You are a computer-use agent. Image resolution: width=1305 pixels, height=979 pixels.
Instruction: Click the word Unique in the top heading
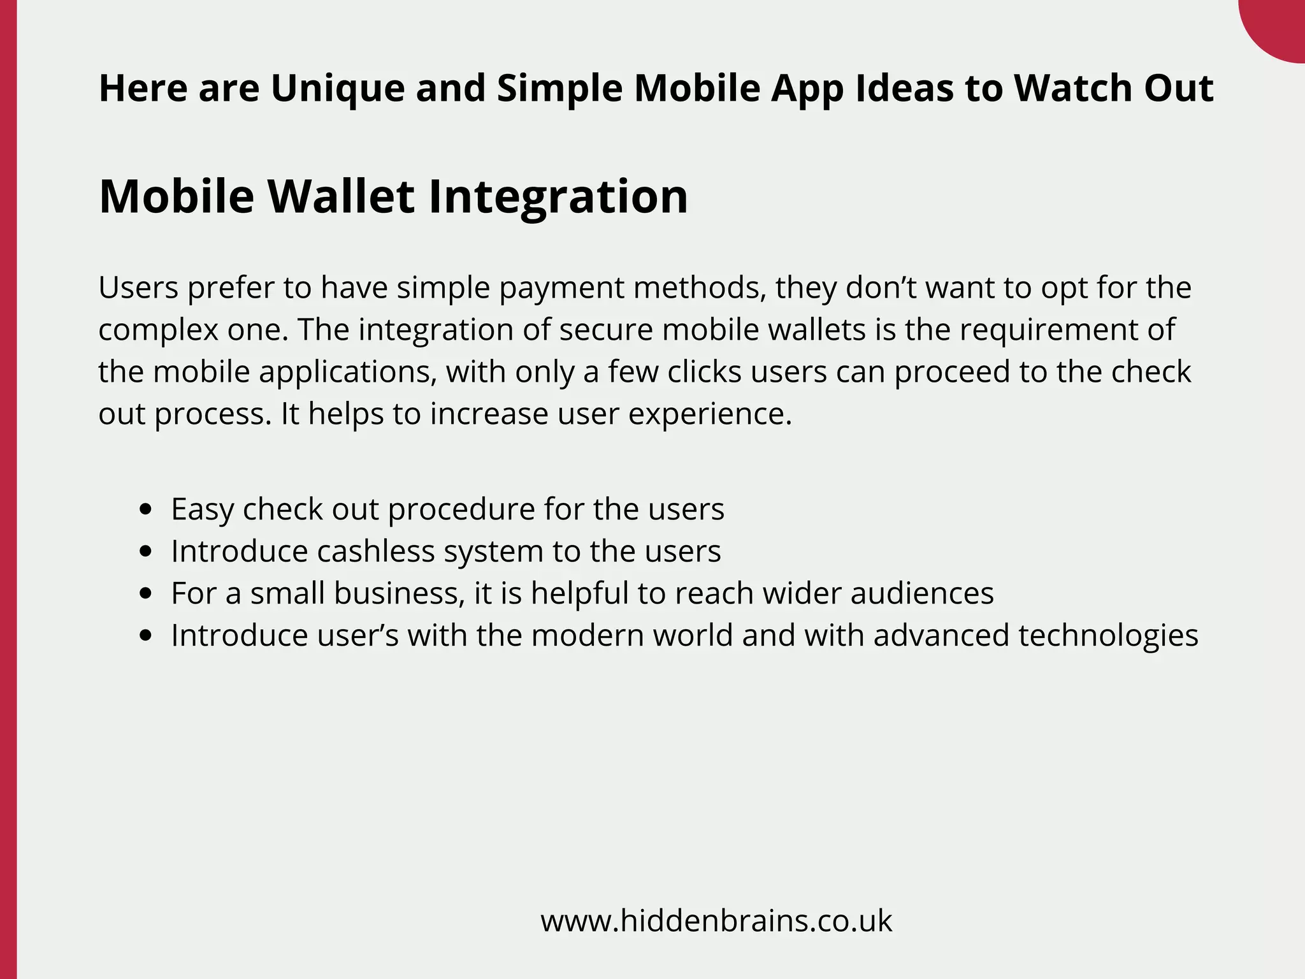pos(337,89)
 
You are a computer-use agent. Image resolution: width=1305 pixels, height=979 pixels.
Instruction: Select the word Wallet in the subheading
pos(341,196)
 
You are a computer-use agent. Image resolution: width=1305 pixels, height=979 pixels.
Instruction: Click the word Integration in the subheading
pos(558,196)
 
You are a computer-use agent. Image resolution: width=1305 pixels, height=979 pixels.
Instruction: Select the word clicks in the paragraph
pos(704,372)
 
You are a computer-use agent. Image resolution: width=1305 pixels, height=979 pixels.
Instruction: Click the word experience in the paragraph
pos(710,414)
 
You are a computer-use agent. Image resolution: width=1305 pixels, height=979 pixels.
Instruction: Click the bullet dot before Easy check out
pos(147,509)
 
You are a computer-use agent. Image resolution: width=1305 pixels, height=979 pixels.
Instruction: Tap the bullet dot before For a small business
pos(147,593)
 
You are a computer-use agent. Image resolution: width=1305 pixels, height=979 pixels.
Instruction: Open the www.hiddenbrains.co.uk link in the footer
pos(716,921)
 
